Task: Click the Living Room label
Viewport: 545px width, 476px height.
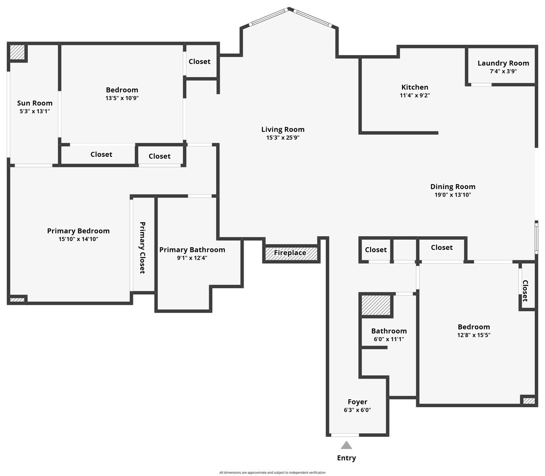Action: [282, 130]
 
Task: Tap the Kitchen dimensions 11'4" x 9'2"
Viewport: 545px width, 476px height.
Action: [415, 95]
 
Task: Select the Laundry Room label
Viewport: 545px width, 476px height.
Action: [503, 63]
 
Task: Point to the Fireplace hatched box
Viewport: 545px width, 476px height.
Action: [291, 254]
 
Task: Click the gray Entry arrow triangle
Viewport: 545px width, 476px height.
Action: [346, 445]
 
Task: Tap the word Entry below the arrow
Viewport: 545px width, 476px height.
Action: [346, 458]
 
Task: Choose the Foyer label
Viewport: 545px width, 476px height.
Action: [357, 402]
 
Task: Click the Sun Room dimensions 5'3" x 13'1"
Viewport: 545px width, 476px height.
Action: [34, 111]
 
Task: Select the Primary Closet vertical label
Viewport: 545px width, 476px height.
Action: [143, 248]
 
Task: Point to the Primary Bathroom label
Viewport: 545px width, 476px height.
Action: [192, 250]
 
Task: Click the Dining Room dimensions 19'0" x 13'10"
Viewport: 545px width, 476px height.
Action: [453, 195]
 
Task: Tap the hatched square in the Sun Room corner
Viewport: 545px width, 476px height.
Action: [17, 52]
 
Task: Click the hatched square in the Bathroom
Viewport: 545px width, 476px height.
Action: [376, 305]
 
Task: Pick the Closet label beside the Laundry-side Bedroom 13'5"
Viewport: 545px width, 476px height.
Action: [199, 62]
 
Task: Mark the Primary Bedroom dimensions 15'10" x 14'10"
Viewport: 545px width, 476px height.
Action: [78, 239]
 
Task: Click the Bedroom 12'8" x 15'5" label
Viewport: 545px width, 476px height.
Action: [474, 331]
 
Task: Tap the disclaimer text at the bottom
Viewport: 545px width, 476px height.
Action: [272, 472]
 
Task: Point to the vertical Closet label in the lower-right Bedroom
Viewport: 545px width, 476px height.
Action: [525, 291]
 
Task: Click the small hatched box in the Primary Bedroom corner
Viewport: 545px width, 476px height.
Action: [17, 300]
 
